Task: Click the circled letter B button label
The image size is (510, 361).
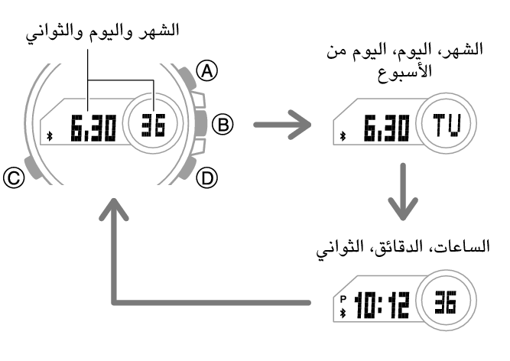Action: point(222,123)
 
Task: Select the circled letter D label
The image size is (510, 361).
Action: point(205,178)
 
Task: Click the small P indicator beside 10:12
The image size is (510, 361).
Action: point(344,298)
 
